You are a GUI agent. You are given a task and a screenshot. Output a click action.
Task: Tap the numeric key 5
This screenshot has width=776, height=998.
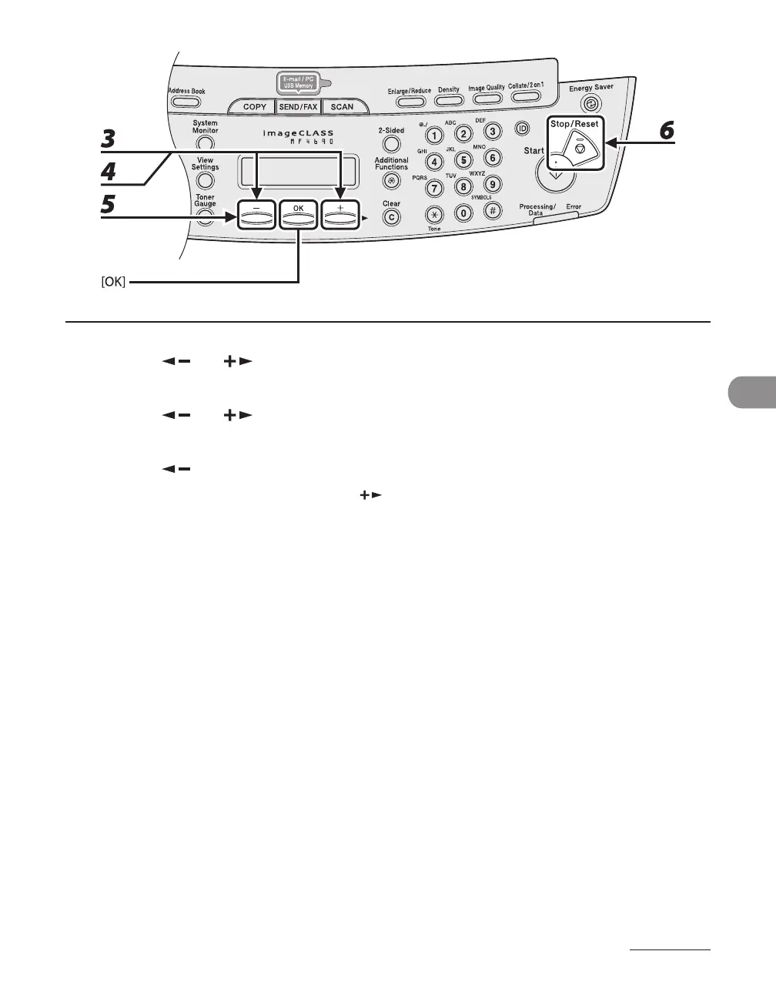click(463, 161)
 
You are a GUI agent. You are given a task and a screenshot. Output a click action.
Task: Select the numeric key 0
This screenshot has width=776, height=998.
click(463, 213)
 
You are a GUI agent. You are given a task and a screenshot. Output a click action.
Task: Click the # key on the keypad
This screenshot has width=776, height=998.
click(493, 210)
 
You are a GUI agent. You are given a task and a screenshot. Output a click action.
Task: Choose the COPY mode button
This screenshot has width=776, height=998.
click(254, 107)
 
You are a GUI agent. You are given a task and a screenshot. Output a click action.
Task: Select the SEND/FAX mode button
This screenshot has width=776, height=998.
click(299, 107)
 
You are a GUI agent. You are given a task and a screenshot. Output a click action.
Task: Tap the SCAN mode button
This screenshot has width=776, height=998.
click(342, 107)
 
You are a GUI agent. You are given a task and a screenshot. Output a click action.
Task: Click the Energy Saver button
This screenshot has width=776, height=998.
click(590, 104)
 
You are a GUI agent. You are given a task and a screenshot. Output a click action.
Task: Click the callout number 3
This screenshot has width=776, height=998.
click(109, 139)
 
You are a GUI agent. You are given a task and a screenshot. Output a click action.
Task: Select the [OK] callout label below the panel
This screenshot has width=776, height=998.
click(113, 283)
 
